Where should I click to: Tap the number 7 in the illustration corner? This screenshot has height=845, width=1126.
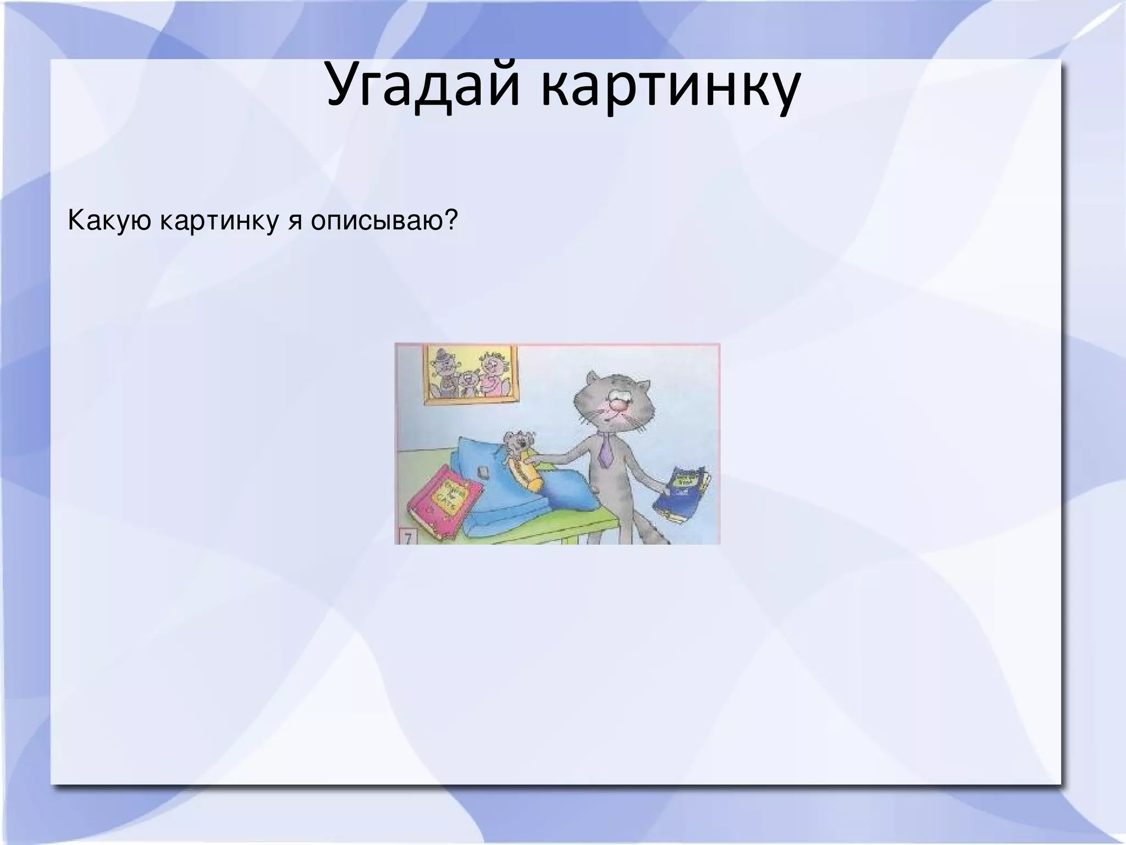(x=407, y=536)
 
